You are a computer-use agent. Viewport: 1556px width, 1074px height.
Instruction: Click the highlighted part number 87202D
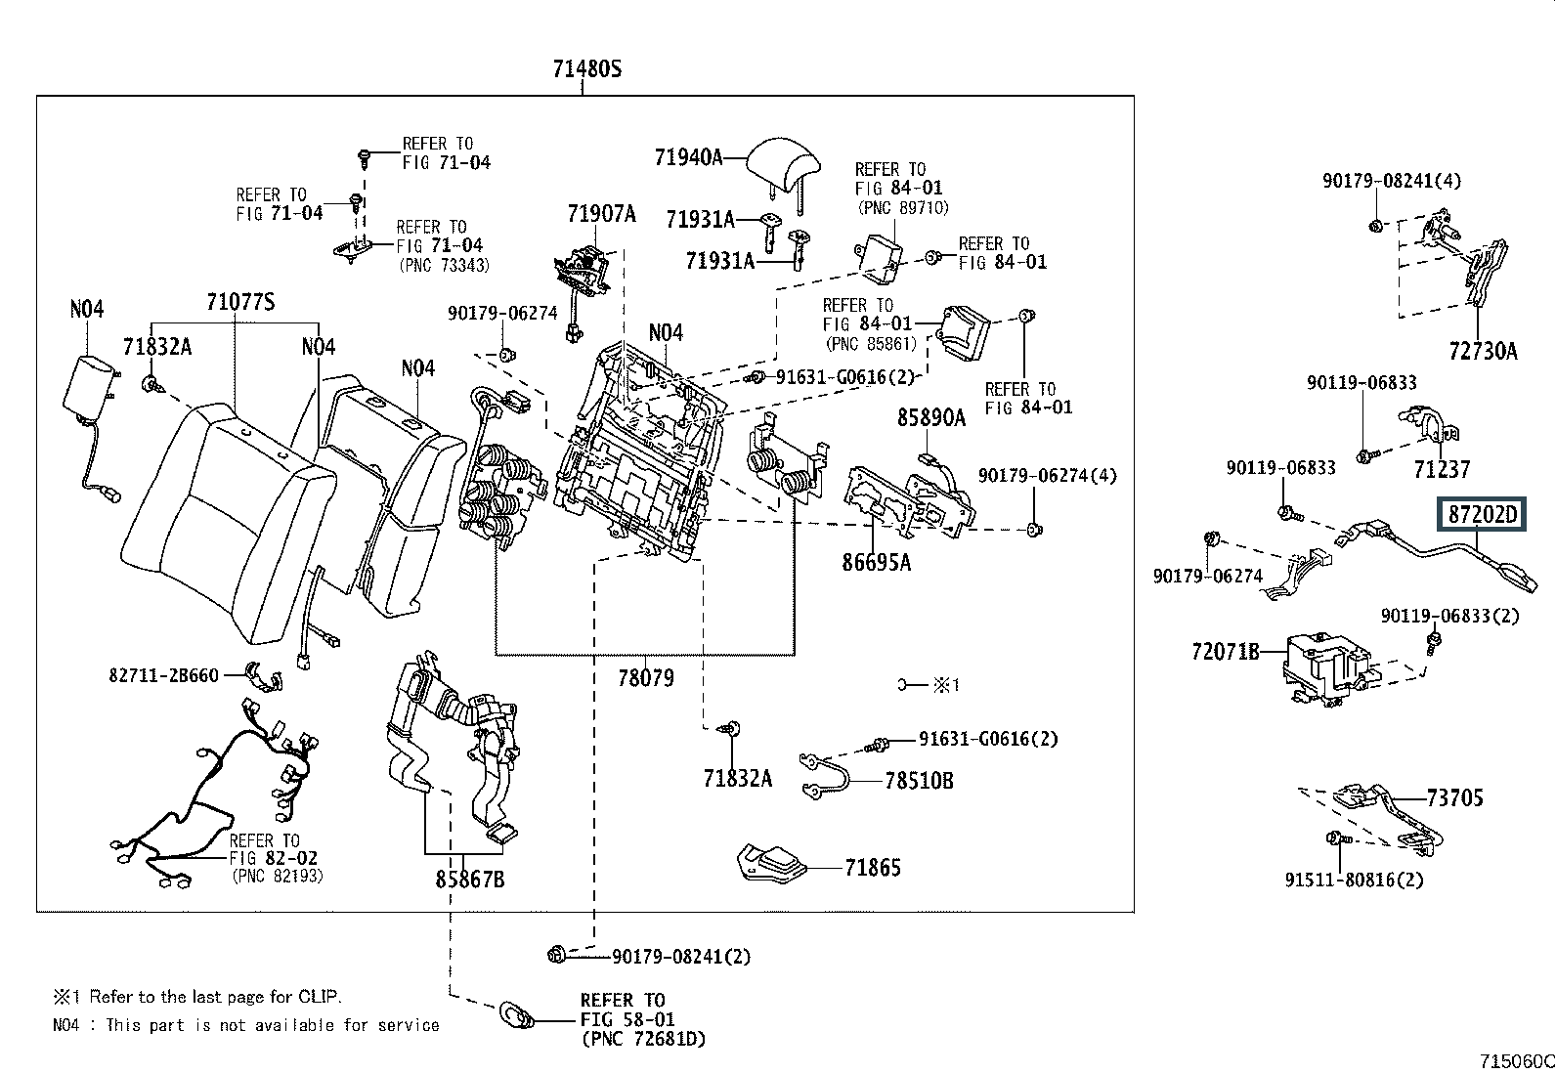coord(1482,515)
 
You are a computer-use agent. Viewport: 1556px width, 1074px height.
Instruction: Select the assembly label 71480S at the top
coord(587,68)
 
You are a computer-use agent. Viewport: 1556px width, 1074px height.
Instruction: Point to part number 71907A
coord(601,213)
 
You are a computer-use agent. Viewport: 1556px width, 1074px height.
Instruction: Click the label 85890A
coord(931,417)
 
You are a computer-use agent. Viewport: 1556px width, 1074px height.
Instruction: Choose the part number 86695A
coord(876,562)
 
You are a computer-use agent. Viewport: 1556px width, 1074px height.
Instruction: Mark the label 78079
coord(646,678)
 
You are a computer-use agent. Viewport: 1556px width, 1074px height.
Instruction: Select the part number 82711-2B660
coord(164,675)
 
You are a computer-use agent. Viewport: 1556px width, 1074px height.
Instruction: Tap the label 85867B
coord(470,880)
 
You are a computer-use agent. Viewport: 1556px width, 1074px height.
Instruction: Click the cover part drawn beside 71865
coord(772,864)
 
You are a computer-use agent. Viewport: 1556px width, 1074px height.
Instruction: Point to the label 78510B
coord(919,781)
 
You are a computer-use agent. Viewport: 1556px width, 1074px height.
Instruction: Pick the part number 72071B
coord(1226,652)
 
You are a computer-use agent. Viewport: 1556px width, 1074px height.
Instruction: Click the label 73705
coord(1455,798)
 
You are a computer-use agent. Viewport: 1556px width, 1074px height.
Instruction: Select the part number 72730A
coord(1483,352)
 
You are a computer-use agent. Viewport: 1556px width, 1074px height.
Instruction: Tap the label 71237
coord(1442,470)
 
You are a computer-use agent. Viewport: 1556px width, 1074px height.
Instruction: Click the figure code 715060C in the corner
coord(1517,1061)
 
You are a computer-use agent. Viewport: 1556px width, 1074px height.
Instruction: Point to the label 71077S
coord(240,302)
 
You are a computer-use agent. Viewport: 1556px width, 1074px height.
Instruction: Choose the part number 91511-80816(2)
coord(1354,881)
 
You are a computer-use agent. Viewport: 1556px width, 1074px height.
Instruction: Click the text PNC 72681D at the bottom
coord(644,1039)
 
